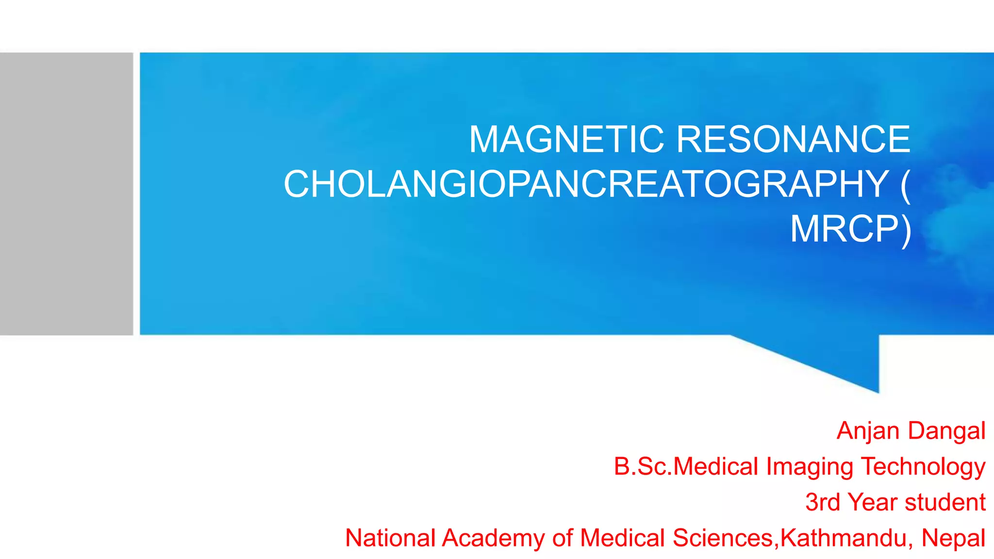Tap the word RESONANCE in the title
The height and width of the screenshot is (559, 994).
coord(793,139)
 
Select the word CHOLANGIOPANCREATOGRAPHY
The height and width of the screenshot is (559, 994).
coord(586,184)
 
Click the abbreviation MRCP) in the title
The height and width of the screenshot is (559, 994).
coord(850,229)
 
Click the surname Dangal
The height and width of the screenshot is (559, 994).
coord(946,430)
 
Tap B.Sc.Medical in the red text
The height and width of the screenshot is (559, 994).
coord(686,466)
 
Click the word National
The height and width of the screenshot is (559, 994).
coord(390,538)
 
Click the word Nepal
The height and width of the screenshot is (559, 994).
coord(953,538)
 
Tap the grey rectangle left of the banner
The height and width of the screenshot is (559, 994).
coord(66,194)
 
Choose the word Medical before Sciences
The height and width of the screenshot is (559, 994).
coord(622,538)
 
